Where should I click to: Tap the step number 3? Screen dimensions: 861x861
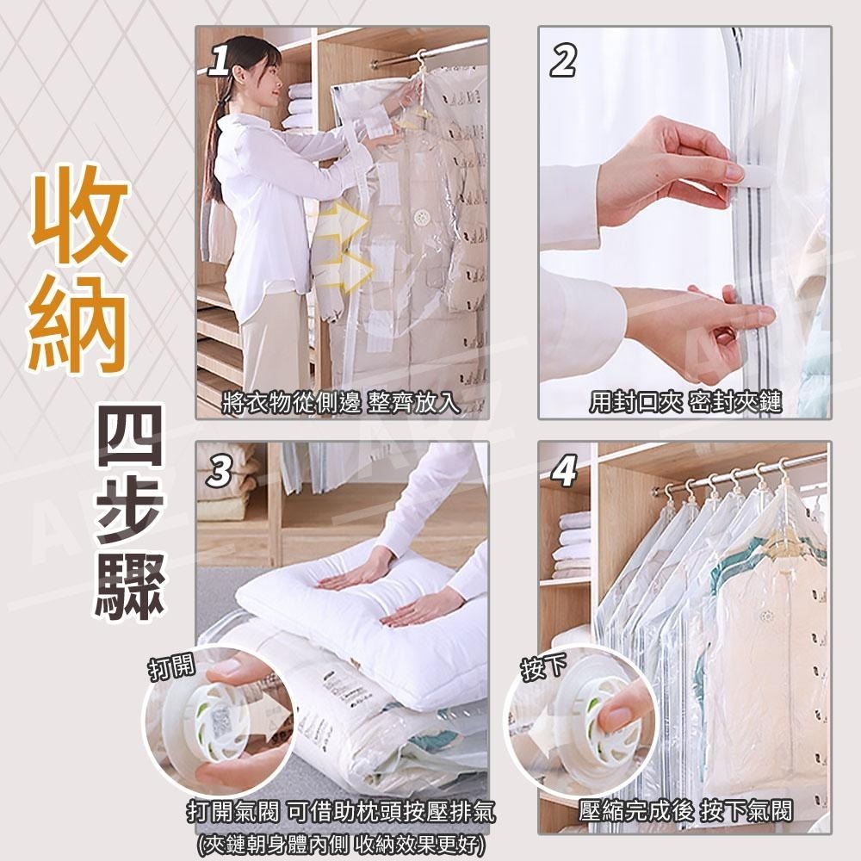coord(220,472)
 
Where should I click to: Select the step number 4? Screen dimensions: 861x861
coord(563,472)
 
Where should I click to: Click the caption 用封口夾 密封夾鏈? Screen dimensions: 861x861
coord(685,402)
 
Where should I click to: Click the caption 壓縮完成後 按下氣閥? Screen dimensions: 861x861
coord(685,810)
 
